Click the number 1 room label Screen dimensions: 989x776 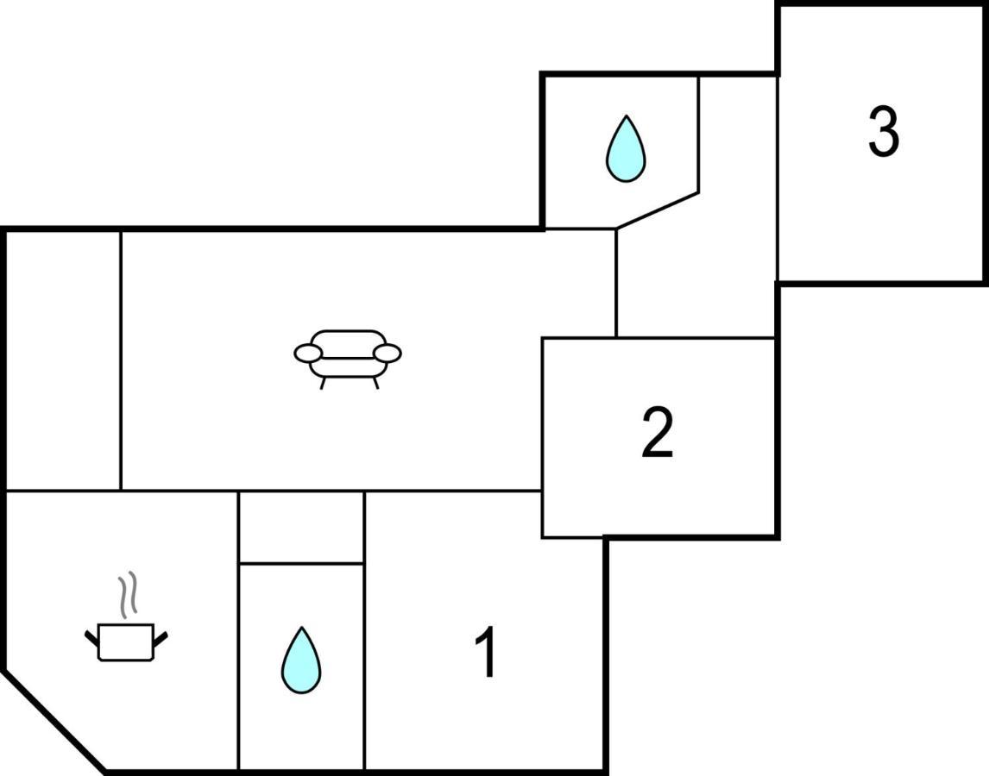tap(486, 653)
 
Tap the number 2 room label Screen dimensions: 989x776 tap(658, 432)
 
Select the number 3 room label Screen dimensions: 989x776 tap(883, 131)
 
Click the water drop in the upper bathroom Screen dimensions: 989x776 tap(626, 149)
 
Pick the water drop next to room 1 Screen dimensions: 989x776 tap(301, 660)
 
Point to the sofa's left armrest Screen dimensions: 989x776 tap(308, 354)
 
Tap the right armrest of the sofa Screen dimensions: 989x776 tap(387, 353)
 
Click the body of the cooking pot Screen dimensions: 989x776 tap(126, 642)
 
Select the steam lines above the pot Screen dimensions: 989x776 tap(128, 594)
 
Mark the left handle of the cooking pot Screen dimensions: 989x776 tap(92, 638)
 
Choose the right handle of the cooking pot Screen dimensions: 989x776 tap(161, 638)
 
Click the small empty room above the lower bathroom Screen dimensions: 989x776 tap(301, 527)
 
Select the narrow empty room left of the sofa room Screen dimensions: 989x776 tap(63, 360)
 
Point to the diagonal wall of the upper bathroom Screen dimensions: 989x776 tap(658, 210)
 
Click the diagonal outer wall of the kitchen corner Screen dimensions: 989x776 tap(55, 721)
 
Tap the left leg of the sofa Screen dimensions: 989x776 tap(323, 384)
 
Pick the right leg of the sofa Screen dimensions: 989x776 tap(376, 384)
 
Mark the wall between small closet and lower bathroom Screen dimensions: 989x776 tap(301, 563)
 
